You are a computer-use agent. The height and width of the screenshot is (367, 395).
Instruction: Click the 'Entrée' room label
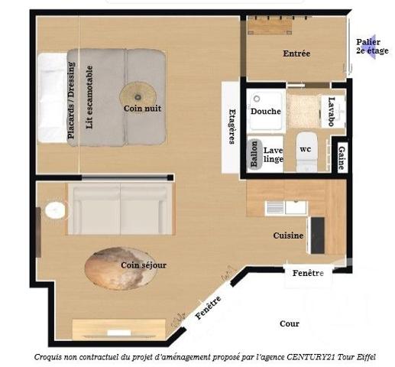(296, 54)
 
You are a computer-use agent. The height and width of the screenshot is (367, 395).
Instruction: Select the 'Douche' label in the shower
(265, 111)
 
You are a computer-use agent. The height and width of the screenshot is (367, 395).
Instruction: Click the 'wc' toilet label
(306, 148)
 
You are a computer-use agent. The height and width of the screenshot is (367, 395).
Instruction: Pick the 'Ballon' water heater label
(253, 154)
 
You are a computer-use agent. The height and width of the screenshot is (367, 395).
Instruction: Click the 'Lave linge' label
(273, 154)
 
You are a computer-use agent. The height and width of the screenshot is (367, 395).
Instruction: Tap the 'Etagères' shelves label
(231, 127)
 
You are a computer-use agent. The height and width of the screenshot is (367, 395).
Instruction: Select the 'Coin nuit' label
(142, 109)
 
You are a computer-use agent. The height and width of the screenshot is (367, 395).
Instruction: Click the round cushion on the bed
(138, 93)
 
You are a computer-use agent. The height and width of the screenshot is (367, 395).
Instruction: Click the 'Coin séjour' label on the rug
(143, 265)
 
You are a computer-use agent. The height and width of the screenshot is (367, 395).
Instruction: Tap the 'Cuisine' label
(289, 235)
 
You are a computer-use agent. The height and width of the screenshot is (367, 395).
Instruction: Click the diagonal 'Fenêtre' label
(209, 307)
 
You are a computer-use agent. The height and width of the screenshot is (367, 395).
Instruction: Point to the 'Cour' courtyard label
(290, 323)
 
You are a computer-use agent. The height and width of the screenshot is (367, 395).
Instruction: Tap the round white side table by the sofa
(54, 210)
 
